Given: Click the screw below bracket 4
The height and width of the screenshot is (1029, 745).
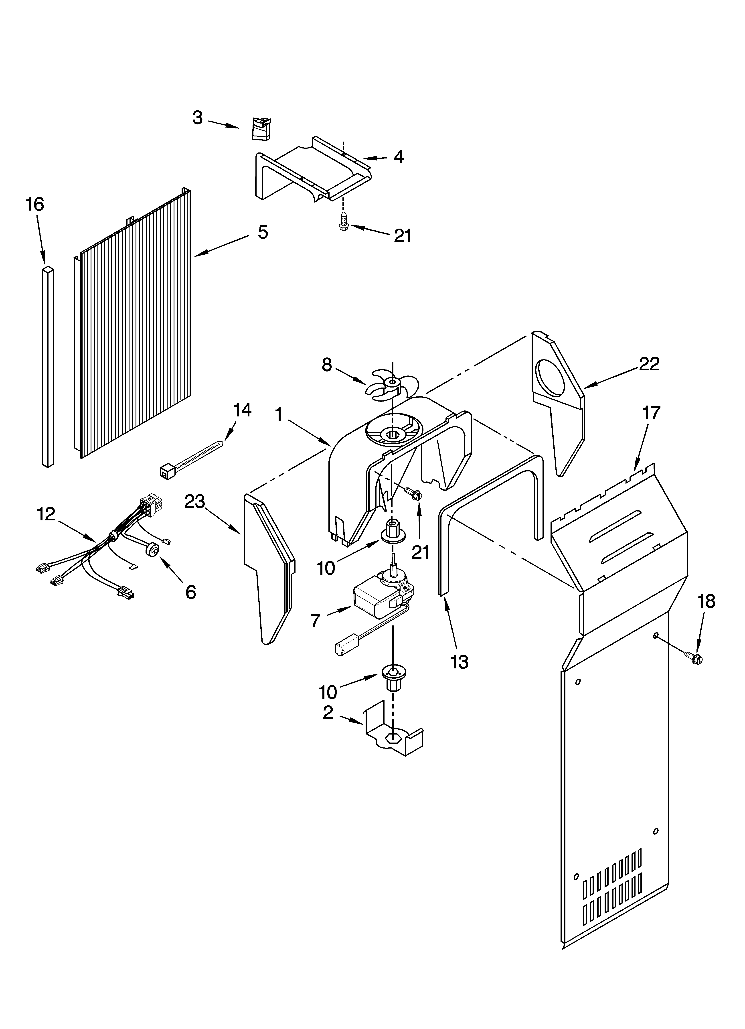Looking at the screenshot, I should pos(344,223).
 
